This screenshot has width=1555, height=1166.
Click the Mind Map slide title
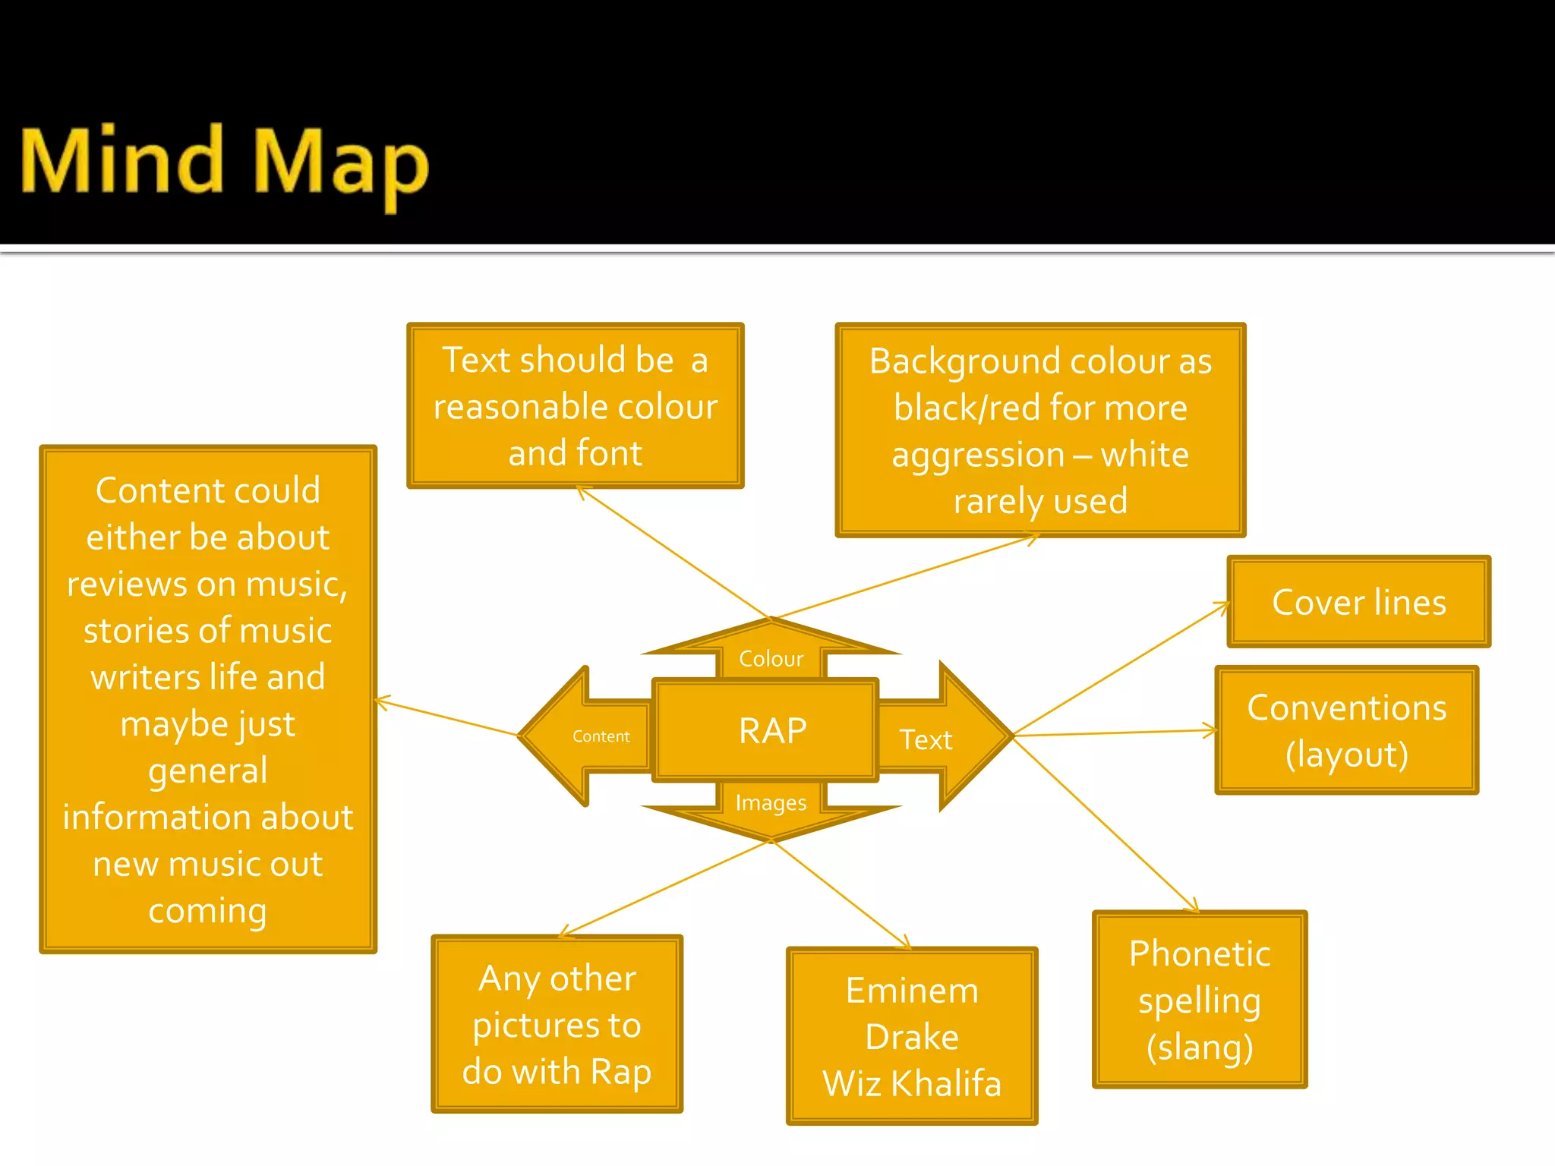coord(225,163)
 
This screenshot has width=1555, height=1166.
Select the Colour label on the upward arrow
coord(771,659)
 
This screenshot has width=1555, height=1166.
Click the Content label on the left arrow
coord(601,736)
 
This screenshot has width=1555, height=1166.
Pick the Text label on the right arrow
coord(926,739)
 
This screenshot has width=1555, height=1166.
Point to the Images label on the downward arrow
coord(771,803)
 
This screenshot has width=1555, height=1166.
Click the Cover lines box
coord(1358,602)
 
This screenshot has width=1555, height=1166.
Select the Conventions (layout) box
coord(1346,730)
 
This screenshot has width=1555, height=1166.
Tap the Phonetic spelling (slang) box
coord(1199,999)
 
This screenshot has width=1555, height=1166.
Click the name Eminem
coord(912,991)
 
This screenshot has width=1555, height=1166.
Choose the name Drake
coord(912,1037)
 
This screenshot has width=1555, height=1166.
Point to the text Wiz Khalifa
coord(912,1083)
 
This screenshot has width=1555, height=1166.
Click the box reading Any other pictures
coord(557,1024)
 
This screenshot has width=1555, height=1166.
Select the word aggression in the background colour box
coord(978,455)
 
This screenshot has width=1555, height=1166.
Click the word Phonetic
coord(1199,953)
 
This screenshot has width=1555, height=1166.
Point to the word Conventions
coord(1346,707)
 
